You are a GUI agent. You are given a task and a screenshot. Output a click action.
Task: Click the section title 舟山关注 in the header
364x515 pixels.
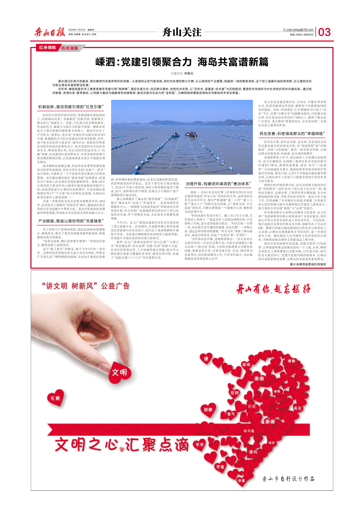[182, 32]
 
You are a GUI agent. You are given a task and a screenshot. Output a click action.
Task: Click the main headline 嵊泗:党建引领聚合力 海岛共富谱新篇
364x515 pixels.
[182, 61]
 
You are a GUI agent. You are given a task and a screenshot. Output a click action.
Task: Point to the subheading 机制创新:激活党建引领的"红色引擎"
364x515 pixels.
[70, 106]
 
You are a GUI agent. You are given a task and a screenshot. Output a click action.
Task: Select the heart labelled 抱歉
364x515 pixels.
[208, 409]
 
